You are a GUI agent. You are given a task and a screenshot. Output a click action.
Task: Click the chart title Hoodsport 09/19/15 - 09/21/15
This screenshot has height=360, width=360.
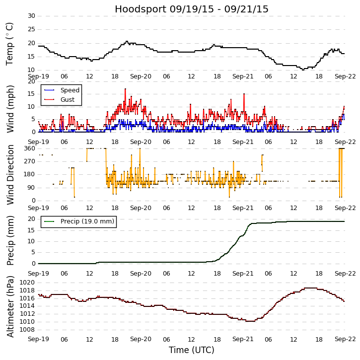tap(192, 9)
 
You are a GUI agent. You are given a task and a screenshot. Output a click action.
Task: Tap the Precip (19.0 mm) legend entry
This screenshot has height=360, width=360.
tap(87, 221)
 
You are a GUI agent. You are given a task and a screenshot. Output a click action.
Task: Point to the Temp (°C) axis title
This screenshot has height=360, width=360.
tap(10, 43)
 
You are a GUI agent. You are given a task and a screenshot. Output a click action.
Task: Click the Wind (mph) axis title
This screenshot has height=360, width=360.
tap(10, 108)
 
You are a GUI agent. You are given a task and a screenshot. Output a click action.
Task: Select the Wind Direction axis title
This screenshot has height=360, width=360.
tap(10, 174)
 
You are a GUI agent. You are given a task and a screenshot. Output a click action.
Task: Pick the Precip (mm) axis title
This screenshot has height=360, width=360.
tap(10, 241)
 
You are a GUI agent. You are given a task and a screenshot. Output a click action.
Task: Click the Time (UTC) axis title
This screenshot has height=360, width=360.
tap(192, 350)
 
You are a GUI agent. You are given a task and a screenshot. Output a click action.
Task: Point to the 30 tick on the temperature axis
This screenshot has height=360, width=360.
tap(31, 16)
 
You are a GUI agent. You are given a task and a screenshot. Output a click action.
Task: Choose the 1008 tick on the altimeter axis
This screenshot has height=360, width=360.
tap(27, 330)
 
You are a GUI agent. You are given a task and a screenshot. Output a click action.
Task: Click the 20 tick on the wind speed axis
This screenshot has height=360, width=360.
tap(31, 81)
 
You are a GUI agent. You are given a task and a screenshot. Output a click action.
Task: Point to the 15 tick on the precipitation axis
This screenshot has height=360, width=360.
tap(31, 230)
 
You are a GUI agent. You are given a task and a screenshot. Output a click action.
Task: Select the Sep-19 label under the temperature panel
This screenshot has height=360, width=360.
tap(38, 76)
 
